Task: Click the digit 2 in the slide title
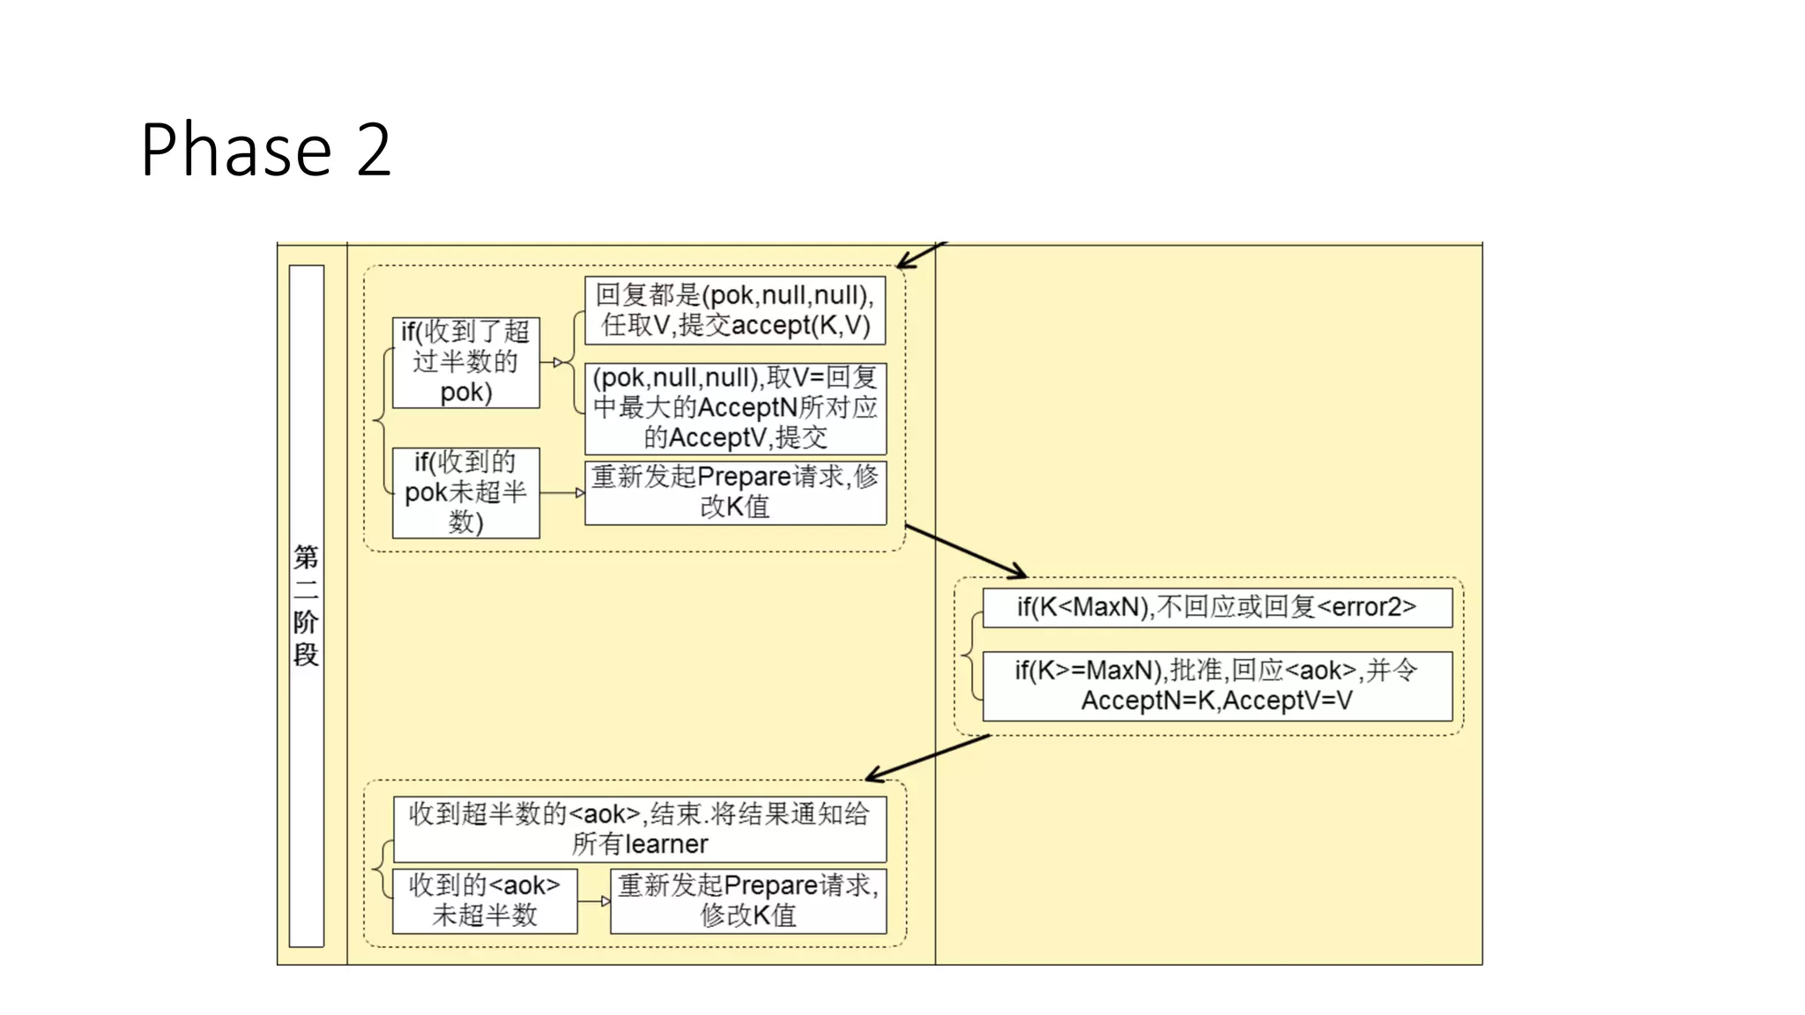(374, 151)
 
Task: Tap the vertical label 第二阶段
(306, 606)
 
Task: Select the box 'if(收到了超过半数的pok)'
(465, 362)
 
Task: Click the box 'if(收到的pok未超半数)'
(465, 493)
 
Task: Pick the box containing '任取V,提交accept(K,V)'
(735, 310)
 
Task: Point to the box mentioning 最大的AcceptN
(735, 408)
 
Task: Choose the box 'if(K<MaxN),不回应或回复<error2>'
(1216, 607)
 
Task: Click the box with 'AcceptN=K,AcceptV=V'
(1216, 685)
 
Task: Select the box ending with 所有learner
(640, 829)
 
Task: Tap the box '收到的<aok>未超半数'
(485, 900)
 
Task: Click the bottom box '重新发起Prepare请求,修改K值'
(748, 900)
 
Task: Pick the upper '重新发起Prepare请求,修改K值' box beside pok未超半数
(735, 493)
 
